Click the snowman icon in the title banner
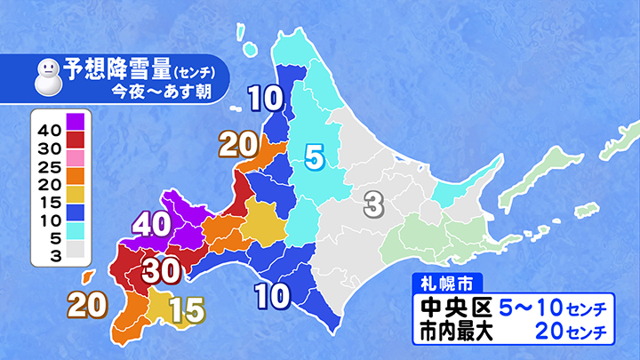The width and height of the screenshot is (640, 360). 46,78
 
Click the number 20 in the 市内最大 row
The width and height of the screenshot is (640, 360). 553,332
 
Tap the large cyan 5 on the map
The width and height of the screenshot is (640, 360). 314,158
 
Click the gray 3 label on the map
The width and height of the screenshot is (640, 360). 373,206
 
